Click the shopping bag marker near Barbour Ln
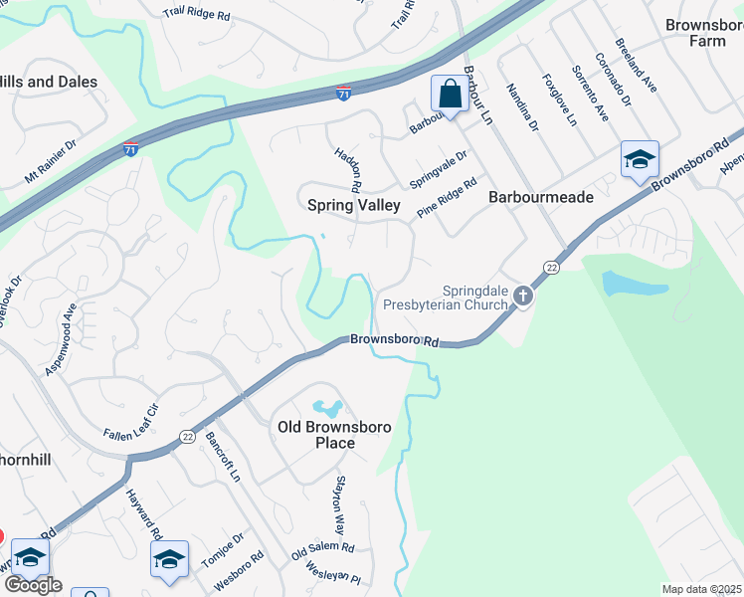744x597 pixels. point(450,95)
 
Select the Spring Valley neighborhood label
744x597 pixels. point(353,206)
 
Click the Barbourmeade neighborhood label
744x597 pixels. point(541,197)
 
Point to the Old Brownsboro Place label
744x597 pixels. point(334,435)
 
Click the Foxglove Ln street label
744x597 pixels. point(559,99)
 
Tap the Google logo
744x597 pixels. point(33,585)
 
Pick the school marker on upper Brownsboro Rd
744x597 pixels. point(639,159)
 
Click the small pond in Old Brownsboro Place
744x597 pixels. point(327,408)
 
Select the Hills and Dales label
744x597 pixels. point(48,82)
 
